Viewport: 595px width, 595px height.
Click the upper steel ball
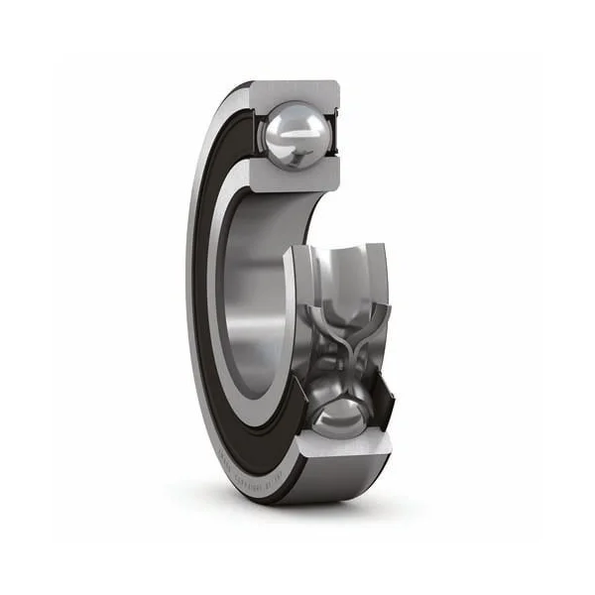(295, 133)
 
